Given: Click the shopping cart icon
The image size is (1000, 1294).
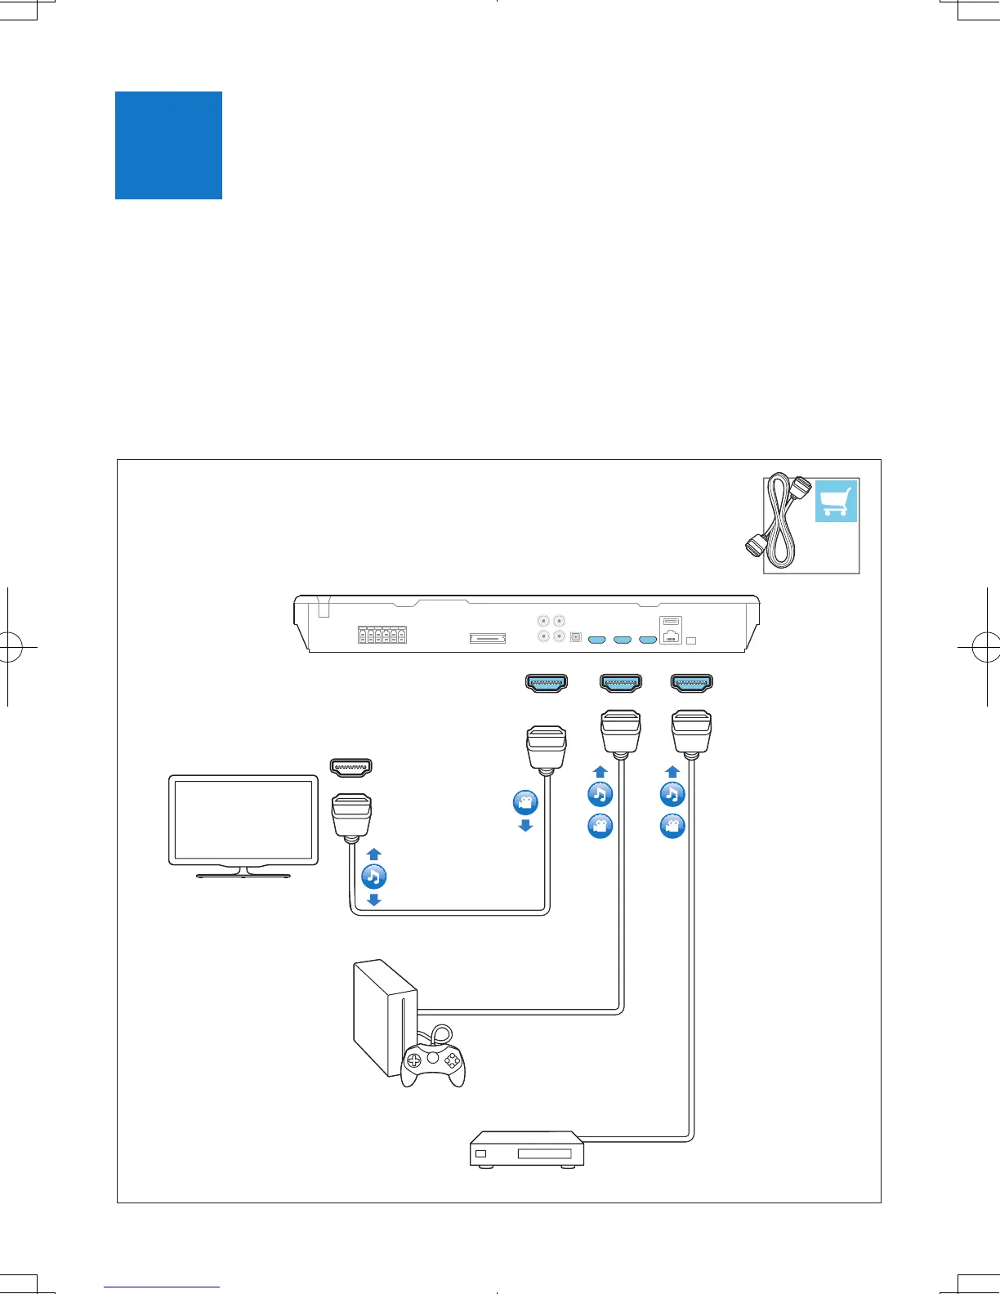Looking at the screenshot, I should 836,501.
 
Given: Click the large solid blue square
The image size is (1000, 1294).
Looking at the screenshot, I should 168,145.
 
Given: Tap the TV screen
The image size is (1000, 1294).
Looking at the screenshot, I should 243,819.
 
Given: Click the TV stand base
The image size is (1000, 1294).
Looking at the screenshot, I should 243,875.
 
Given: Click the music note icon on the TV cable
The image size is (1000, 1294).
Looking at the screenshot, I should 373,877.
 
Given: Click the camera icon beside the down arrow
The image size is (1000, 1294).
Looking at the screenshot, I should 525,802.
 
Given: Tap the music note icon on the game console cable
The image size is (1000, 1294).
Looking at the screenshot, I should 600,794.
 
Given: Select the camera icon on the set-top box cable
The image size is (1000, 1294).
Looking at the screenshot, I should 672,826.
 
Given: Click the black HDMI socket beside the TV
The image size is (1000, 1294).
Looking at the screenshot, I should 350,766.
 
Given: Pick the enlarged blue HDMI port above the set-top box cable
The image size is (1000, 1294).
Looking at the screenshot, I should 691,683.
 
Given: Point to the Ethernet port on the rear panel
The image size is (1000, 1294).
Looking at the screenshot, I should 670,636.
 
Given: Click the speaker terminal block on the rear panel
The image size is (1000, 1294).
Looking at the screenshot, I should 382,636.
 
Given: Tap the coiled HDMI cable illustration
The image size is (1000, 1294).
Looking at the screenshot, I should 778,524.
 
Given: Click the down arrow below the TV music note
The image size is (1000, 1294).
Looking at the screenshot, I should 373,899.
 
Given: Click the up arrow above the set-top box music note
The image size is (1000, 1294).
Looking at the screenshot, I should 672,771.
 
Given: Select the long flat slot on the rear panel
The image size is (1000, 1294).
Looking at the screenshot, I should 487,638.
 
